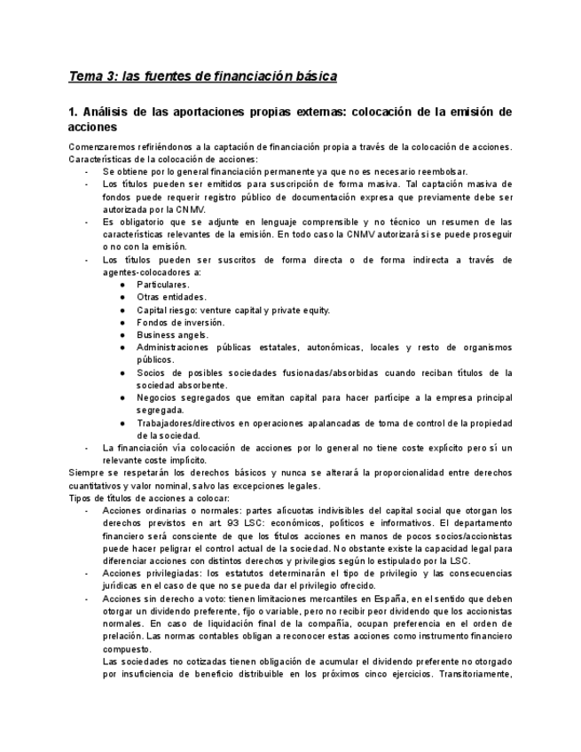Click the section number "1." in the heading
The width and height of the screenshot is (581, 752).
[74, 113]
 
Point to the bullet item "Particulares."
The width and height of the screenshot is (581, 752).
[162, 285]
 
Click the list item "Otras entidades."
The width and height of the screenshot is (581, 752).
[171, 297]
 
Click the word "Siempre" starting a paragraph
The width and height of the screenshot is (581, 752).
[87, 473]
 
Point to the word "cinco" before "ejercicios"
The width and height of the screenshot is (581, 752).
[415, 674]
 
